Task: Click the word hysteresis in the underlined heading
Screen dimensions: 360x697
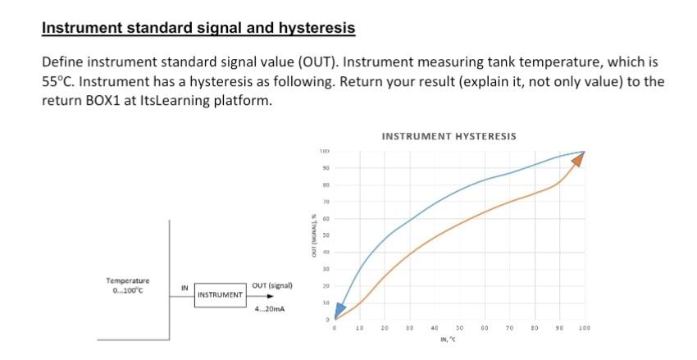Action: coord(315,28)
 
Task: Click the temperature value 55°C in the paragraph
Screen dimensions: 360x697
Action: coord(57,82)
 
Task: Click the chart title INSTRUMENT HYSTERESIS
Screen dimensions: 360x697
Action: coord(449,136)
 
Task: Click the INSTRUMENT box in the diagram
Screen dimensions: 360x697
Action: coord(219,294)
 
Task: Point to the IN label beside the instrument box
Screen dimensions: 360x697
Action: coord(185,286)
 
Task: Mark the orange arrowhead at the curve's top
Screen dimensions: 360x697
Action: coord(578,159)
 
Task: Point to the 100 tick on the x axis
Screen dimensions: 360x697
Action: coord(584,328)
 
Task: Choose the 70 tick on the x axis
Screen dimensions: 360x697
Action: coord(509,328)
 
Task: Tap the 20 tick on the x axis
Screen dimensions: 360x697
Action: coord(385,328)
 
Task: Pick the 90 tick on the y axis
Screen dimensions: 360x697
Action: coord(325,169)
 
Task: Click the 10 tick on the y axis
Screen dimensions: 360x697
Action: coord(325,303)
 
